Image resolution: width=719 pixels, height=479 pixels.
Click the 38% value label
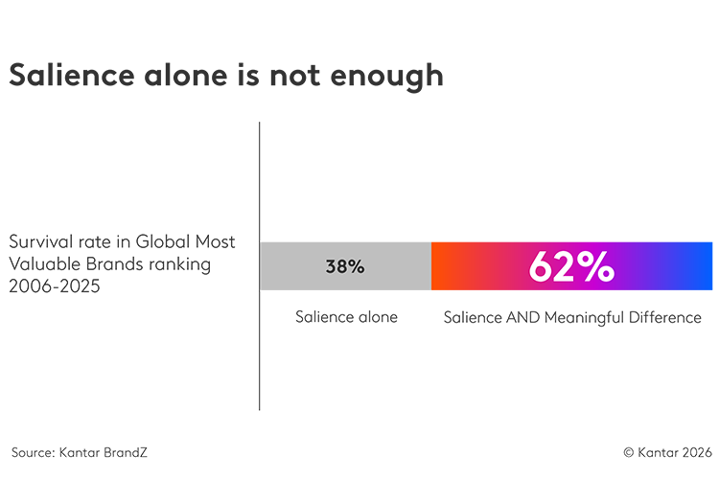point(345,267)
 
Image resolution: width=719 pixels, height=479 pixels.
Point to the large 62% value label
point(571,267)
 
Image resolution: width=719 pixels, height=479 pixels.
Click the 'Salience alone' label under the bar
point(346,317)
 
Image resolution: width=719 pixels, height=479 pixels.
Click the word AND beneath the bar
point(522,317)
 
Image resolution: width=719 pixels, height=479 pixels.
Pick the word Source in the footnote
point(31,451)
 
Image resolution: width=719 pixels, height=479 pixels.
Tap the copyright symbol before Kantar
point(629,451)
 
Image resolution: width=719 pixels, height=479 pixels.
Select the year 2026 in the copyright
point(692,451)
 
